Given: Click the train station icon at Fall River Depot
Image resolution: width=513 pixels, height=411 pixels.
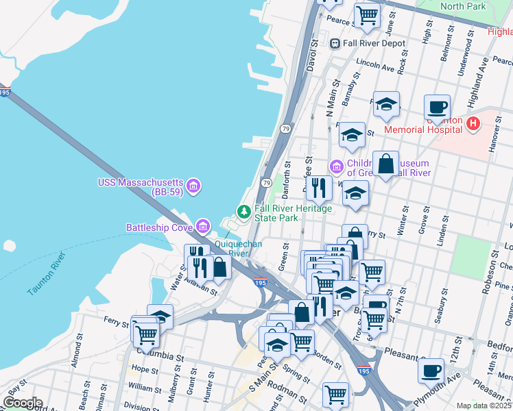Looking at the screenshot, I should coord(335,43).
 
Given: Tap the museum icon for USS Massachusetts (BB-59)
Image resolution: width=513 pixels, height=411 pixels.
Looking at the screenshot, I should coord(193,186).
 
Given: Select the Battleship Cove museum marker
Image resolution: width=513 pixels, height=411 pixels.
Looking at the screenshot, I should coord(202,226).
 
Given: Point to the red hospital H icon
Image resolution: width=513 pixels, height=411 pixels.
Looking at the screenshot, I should coord(472,123).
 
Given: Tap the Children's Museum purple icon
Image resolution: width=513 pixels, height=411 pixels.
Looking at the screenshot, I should coord(337,166).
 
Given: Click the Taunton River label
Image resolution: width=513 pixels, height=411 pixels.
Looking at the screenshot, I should coord(47,275).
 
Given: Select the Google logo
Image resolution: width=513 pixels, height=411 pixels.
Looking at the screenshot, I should coord(23,403).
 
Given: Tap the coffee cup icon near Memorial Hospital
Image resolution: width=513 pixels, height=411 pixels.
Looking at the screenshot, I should coord(437,107).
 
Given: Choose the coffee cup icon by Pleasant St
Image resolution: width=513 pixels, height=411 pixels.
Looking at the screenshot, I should coord(431,370).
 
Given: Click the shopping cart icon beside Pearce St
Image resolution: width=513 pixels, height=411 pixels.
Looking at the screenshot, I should coord(368,14).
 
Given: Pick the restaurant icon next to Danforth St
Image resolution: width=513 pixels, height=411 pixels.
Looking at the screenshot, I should coord(319,186).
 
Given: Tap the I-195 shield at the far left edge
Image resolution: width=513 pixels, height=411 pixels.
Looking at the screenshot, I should coord(4,91).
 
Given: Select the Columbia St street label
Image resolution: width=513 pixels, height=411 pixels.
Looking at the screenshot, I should coord(162,358).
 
